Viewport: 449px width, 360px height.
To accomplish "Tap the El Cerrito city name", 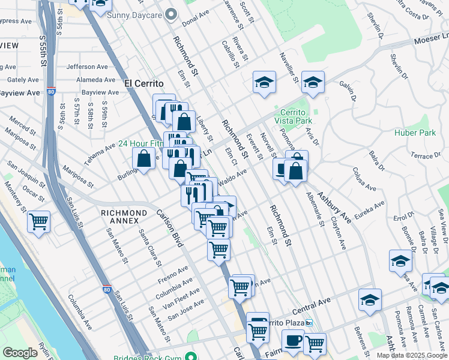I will [x=144, y=83].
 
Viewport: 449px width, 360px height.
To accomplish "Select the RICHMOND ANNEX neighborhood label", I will [x=124, y=213].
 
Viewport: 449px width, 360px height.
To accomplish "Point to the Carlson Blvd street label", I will [x=169, y=229].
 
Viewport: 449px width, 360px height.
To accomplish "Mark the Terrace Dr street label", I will [x=424, y=155].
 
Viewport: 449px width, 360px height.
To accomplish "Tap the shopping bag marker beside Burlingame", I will [x=144, y=159].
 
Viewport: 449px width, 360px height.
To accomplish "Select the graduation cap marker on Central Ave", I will [x=370, y=299].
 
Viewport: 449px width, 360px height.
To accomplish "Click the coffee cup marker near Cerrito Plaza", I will [x=293, y=340].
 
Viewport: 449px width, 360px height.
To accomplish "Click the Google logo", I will [x=20, y=353].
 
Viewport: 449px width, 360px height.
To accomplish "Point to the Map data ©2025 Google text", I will [x=412, y=355].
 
